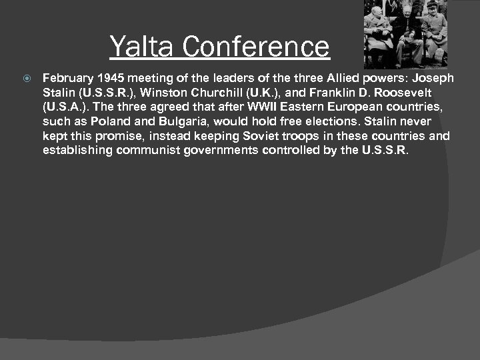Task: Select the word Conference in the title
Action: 255,47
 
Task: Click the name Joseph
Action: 433,78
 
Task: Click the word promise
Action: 113,136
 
